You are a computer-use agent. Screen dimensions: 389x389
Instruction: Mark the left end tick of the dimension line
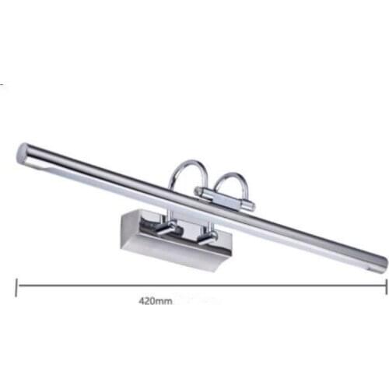[16, 285]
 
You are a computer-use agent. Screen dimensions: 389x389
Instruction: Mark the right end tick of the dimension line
[386, 285]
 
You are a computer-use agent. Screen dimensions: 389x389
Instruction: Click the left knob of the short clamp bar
[200, 192]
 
